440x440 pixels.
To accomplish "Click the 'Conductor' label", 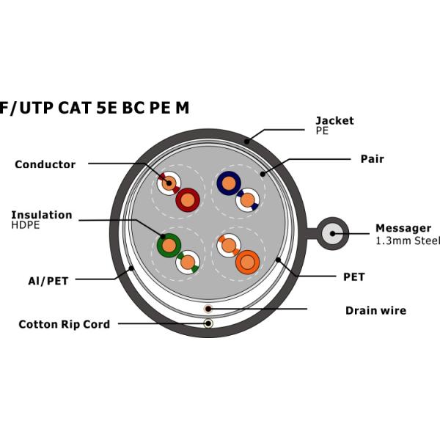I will [x=45, y=164].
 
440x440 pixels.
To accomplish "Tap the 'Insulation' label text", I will [x=41, y=215].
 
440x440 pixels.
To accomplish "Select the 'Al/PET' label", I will [x=46, y=280].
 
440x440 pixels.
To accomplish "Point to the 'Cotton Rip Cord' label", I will [x=64, y=324].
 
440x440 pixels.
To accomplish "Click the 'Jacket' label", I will [x=334, y=120].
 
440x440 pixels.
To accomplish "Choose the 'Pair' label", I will [x=372, y=158].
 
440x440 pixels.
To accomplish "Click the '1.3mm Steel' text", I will [x=408, y=241].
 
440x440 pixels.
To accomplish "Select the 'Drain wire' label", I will [x=375, y=311].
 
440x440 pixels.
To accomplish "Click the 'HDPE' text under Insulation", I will [x=25, y=226].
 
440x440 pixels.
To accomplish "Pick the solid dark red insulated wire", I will [x=188, y=199].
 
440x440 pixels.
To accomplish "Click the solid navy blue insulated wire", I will [x=229, y=183].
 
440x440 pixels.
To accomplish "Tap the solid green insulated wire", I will [x=169, y=245].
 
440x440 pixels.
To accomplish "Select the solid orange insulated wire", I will [x=247, y=262].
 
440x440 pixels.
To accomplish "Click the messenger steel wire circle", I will [x=333, y=235].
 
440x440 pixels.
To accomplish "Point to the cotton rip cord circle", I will [x=208, y=323].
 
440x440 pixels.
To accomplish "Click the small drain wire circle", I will [x=208, y=309].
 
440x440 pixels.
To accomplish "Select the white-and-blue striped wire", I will [x=248, y=199].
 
